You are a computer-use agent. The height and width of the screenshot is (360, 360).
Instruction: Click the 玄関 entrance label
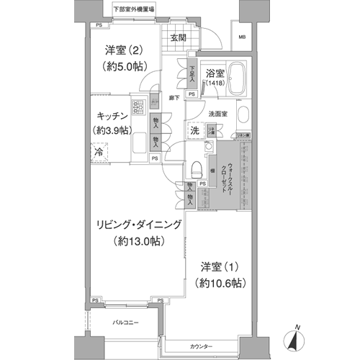[178, 38]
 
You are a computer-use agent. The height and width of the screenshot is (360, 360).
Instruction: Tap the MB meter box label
[243, 37]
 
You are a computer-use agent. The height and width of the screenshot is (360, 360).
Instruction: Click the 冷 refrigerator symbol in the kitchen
[96, 153]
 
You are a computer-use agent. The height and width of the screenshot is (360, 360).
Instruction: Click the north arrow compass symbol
[298, 336]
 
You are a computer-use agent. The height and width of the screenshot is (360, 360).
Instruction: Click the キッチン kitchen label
[113, 115]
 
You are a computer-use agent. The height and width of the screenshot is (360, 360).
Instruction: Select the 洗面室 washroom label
[218, 113]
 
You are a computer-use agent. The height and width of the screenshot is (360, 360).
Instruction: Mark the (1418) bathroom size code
[214, 85]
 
